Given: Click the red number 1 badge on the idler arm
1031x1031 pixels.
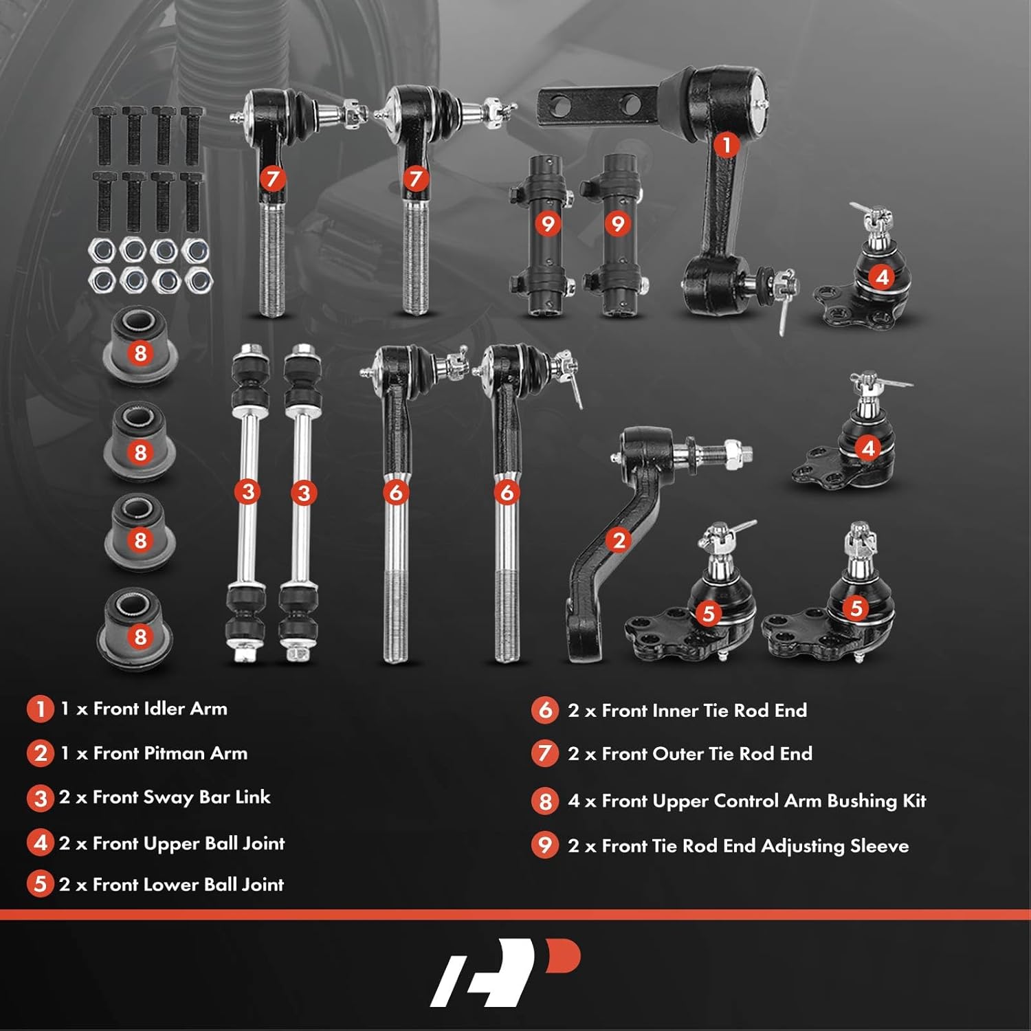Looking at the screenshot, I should pyautogui.click(x=727, y=145).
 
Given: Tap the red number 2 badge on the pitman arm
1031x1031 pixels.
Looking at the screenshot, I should pyautogui.click(x=619, y=540).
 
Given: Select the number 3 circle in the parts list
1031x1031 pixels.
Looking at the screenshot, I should pyautogui.click(x=40, y=798).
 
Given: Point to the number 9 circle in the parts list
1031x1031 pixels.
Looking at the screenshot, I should pyautogui.click(x=545, y=845).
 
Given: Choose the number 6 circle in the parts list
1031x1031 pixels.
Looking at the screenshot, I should pyautogui.click(x=545, y=710).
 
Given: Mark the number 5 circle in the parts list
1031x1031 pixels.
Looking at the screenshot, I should pyautogui.click(x=40, y=884).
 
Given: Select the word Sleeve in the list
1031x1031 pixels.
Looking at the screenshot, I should pyautogui.click(x=879, y=845).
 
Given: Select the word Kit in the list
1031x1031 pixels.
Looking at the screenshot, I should pyautogui.click(x=914, y=801).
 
